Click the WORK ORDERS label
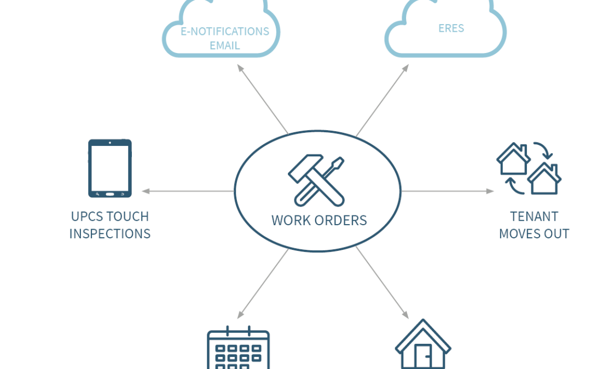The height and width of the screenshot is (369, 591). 319,220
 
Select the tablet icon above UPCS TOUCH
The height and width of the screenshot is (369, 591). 109,168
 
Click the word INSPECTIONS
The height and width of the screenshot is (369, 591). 109,234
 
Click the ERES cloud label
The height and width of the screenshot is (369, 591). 451,28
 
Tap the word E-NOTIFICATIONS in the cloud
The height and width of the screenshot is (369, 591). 225,31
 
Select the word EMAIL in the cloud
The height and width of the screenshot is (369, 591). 225,45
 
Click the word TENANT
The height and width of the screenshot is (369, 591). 534,216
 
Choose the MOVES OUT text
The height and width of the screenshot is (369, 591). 534,234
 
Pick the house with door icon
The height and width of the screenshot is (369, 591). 423,344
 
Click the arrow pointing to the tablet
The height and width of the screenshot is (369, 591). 188,191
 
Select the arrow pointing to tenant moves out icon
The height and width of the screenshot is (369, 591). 448,191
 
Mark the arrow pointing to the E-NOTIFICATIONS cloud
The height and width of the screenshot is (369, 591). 263,99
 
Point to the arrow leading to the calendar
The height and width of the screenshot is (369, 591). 263,284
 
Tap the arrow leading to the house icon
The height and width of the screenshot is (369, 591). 382,283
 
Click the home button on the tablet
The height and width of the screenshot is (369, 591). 109,194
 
